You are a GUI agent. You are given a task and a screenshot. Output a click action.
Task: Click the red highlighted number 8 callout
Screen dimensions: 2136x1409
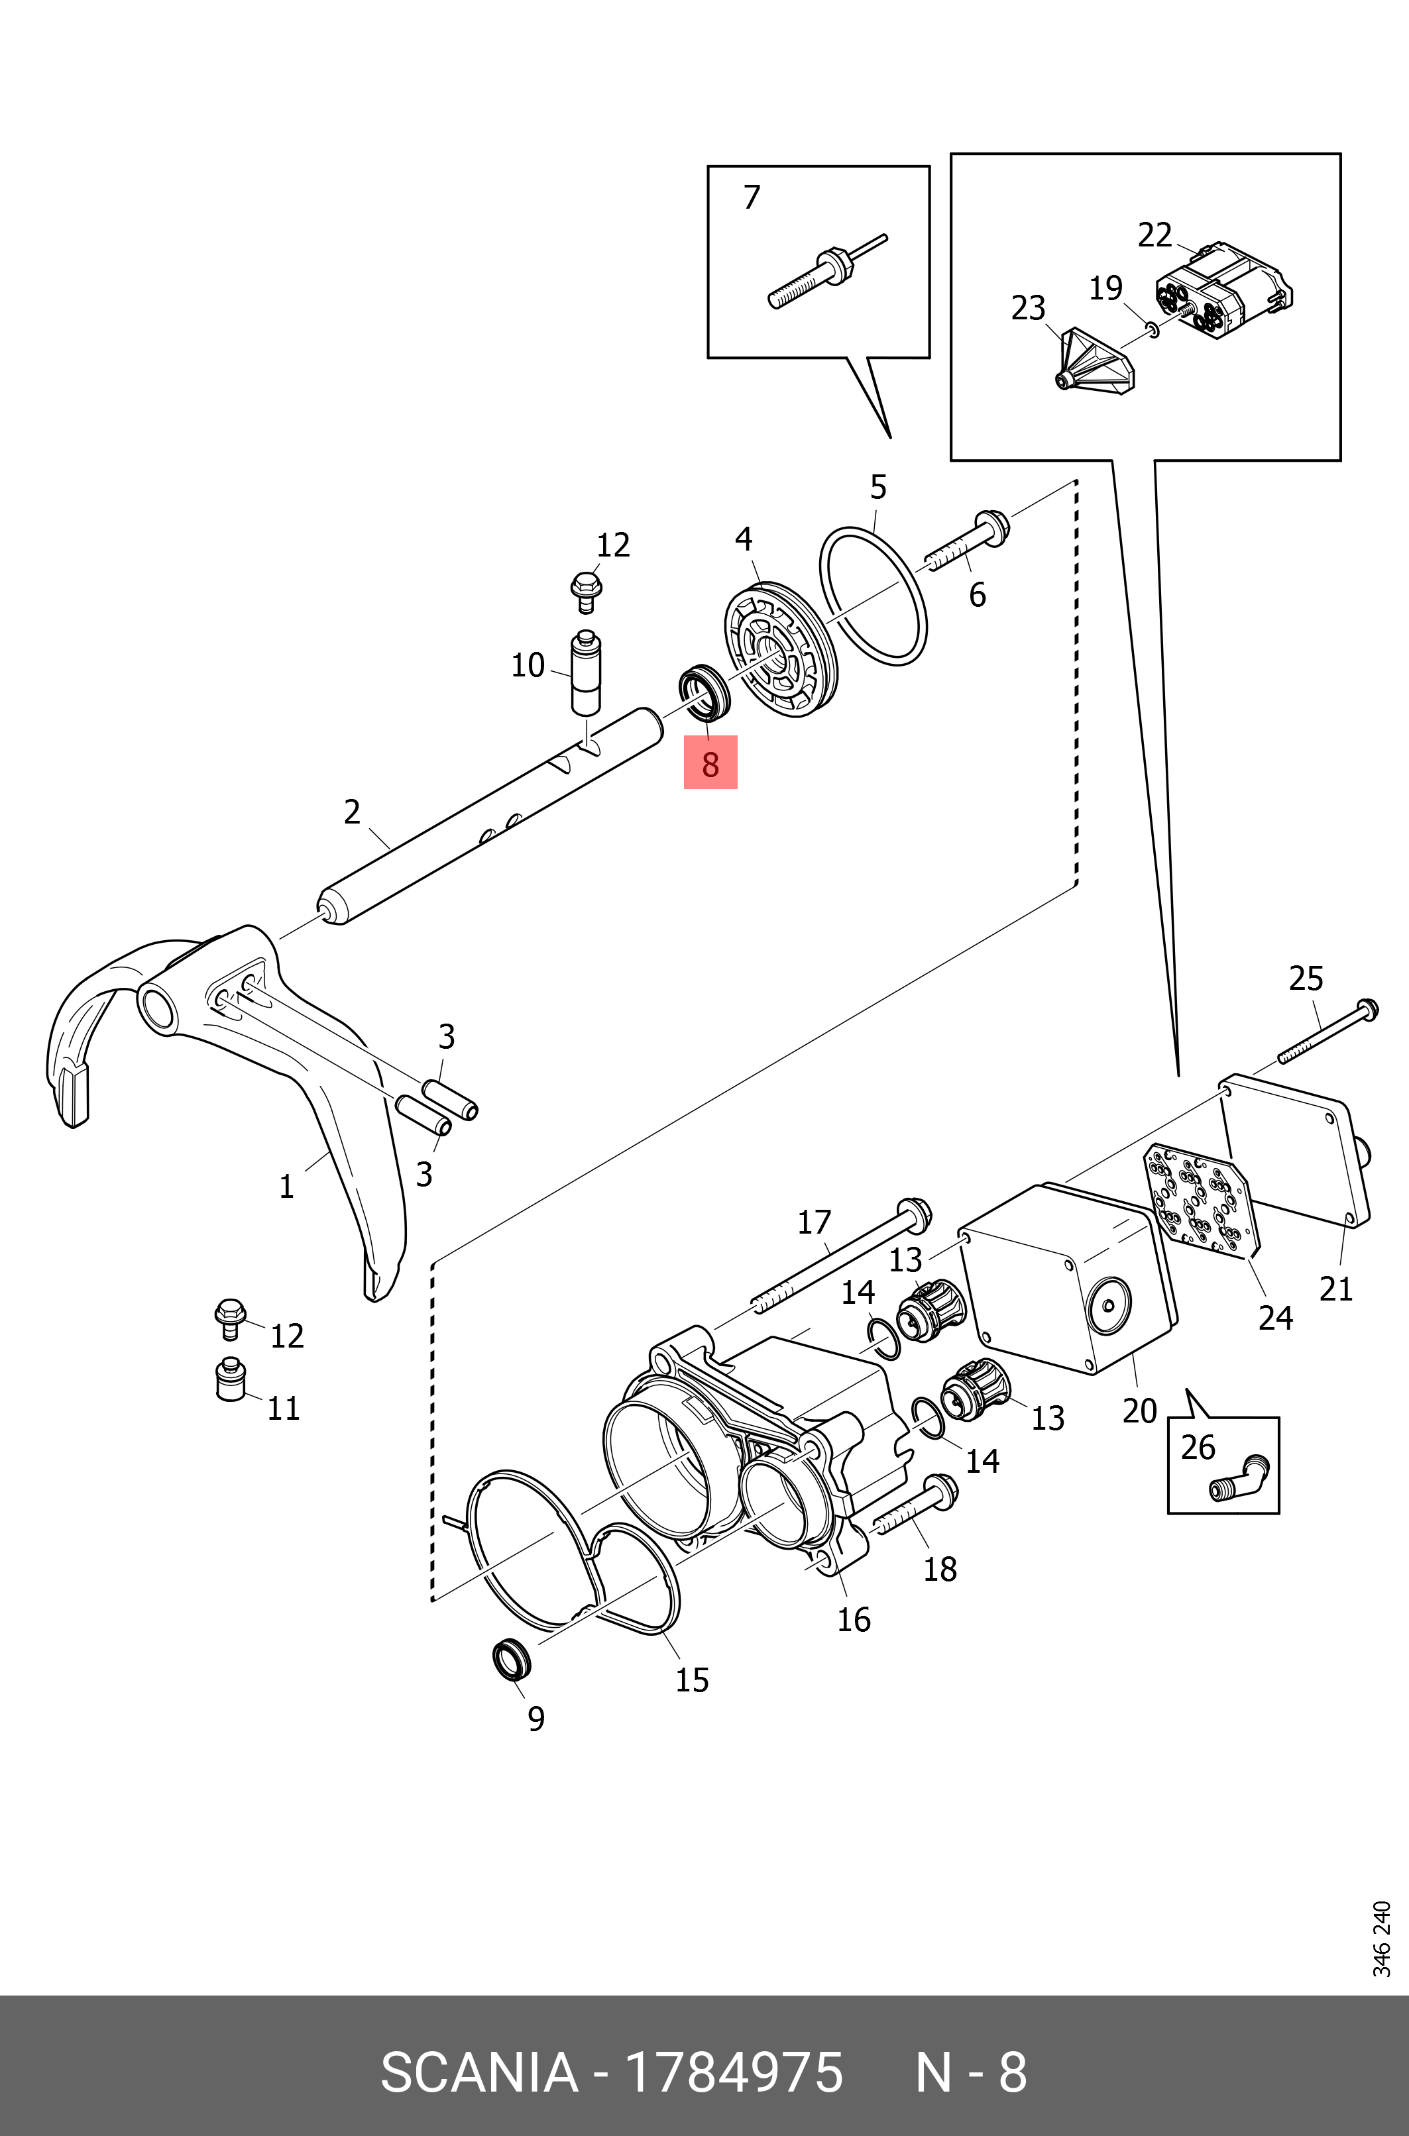[x=710, y=763]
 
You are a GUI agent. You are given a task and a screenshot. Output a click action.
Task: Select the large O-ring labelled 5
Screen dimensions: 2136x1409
[x=873, y=596]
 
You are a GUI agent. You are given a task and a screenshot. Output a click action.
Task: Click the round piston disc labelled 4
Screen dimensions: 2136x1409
[x=780, y=649]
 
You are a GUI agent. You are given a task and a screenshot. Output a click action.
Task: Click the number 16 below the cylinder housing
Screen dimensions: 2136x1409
[x=853, y=1619]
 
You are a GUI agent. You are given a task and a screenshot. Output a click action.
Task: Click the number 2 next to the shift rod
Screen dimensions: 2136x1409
[x=353, y=812]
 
